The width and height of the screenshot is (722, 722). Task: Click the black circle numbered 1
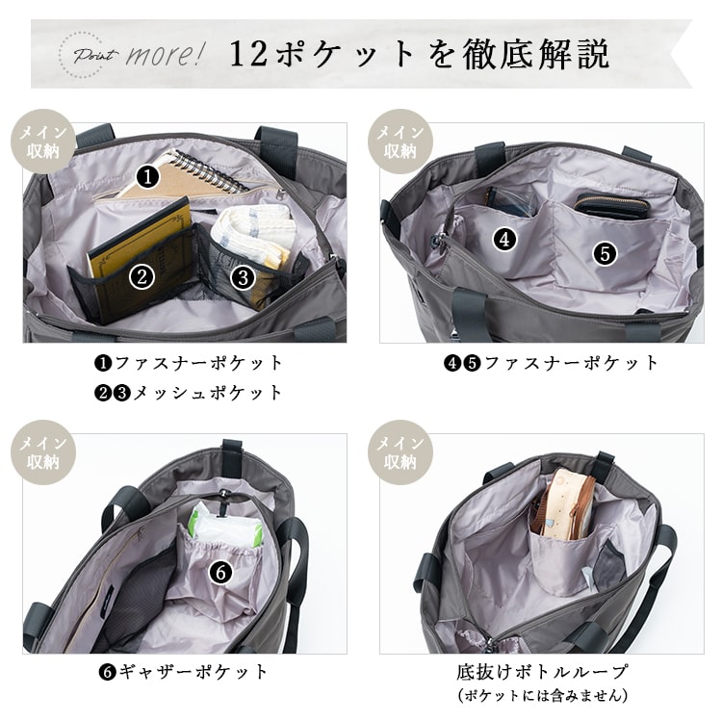coord(146,176)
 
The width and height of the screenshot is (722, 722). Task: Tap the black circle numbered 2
coord(142,277)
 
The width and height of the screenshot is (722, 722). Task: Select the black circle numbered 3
coord(243,278)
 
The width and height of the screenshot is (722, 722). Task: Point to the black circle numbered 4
coord(506,239)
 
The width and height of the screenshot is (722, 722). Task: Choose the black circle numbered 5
coord(605,253)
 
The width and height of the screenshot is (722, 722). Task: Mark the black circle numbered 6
coord(219,572)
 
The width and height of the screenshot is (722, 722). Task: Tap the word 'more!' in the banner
coord(165,54)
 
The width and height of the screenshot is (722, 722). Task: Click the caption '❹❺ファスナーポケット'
coord(552,363)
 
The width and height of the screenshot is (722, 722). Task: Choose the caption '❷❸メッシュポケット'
coord(189,392)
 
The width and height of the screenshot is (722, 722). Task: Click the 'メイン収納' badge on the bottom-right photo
coord(397,452)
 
